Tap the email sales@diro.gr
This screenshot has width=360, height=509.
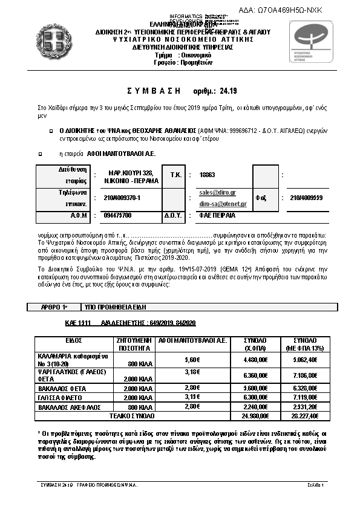218,192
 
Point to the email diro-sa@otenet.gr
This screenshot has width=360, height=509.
218,204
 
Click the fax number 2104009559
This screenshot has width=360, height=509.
307,197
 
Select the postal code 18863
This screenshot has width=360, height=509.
208,174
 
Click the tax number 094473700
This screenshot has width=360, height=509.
117,215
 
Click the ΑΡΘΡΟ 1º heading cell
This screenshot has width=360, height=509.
54,308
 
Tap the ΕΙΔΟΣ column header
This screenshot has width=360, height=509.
73,340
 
